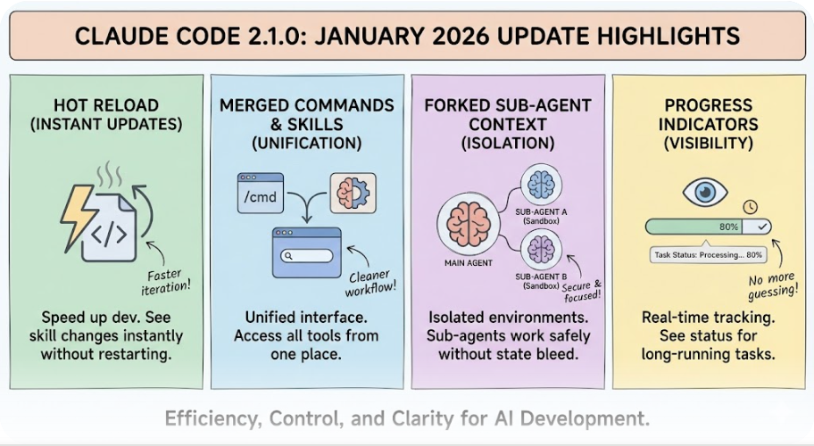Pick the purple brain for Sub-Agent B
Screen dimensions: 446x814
click(540, 245)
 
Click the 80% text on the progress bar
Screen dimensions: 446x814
click(728, 227)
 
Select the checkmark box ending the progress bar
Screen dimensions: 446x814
click(760, 227)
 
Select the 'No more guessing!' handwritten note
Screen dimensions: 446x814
click(770, 285)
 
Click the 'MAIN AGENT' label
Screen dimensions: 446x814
click(469, 263)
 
